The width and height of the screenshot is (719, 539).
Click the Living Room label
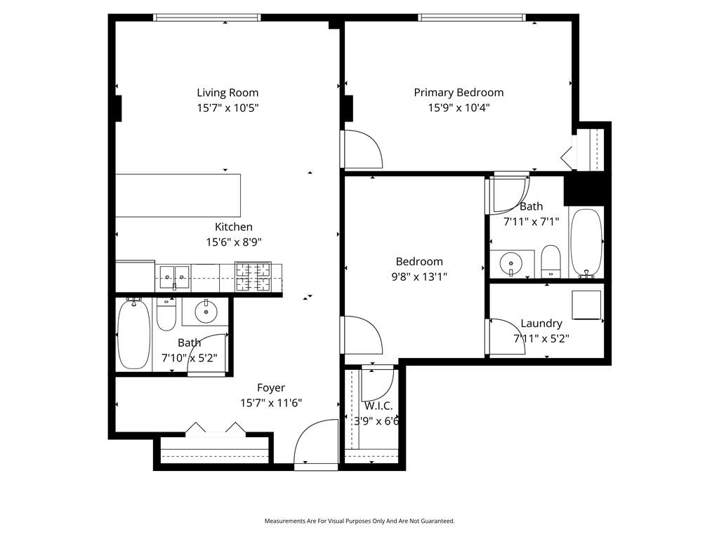pyautogui.click(x=227, y=93)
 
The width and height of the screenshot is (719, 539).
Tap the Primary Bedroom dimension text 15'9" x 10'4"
pyautogui.click(x=459, y=107)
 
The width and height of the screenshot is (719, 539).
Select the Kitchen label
pyautogui.click(x=234, y=227)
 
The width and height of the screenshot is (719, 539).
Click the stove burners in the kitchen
pyautogui.click(x=253, y=277)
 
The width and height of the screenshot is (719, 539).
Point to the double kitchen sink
pyautogui.click(x=175, y=278)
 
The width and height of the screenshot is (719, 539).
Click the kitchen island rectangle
pyautogui.click(x=178, y=195)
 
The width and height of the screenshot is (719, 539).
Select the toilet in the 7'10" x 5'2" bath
pyautogui.click(x=166, y=314)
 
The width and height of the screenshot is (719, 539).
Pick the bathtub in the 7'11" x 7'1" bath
pyautogui.click(x=586, y=244)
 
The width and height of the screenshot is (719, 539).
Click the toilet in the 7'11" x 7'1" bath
pyautogui.click(x=550, y=261)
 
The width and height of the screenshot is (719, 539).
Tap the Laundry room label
pyautogui.click(x=541, y=323)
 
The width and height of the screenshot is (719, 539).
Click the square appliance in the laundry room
pyautogui.click(x=586, y=305)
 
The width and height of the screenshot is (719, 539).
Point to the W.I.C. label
pyautogui.click(x=378, y=406)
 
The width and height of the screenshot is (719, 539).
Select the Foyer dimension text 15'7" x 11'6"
pyautogui.click(x=271, y=403)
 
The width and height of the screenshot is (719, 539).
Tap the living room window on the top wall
pyautogui.click(x=207, y=18)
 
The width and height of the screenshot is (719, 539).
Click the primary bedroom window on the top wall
pyautogui.click(x=472, y=18)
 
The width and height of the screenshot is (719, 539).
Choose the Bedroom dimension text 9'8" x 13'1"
pyautogui.click(x=420, y=277)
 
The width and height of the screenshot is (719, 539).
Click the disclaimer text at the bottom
pyautogui.click(x=359, y=521)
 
